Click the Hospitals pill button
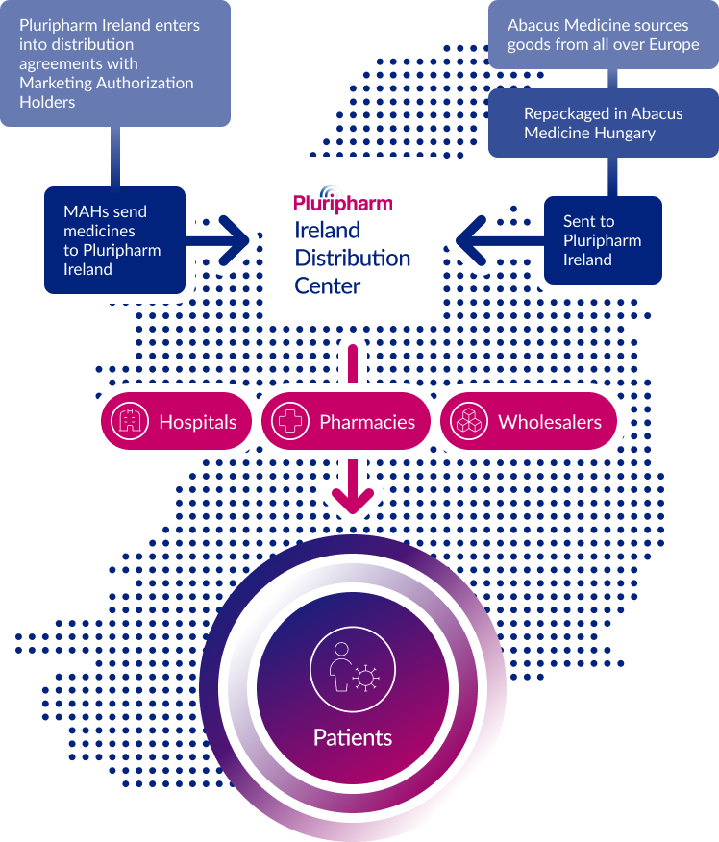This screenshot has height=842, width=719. coord(176,421)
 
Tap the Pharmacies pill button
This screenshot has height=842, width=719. coord(346,421)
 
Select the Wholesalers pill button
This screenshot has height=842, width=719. coord(529,421)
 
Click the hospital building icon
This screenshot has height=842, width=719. coord(130,421)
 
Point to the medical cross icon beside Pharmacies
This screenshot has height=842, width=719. coord(290,421)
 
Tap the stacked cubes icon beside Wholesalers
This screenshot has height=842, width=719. coord(469,421)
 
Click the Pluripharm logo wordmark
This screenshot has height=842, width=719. coord(343,200)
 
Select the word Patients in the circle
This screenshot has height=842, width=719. coord(353,738)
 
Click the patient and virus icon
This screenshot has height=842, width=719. coord(353,669)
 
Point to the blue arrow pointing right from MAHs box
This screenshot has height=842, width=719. coord(217,240)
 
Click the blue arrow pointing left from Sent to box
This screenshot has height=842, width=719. coord(500,240)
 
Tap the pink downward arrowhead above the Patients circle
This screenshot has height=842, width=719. coord(353,501)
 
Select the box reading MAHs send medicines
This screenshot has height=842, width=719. coord(115,240)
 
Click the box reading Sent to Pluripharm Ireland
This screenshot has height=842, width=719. coord(603,240)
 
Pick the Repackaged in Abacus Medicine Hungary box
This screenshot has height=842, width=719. coord(604,123)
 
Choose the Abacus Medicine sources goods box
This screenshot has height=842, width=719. coord(604,35)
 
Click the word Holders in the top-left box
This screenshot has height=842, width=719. coord(47,102)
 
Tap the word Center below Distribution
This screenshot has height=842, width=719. coord(328,285)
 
